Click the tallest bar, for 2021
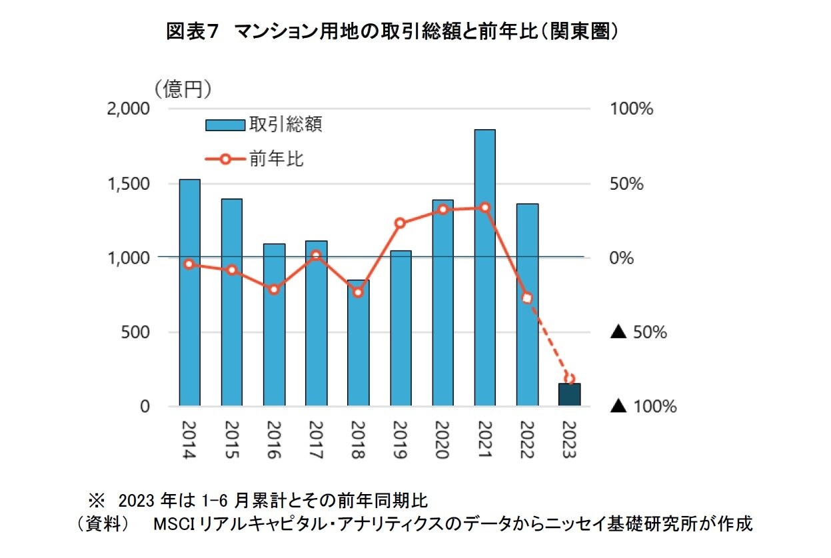[x=484, y=266]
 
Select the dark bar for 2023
[x=569, y=394]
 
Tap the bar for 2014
[x=189, y=293]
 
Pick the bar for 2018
[x=358, y=343]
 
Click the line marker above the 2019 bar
[x=400, y=223]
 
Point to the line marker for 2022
[x=527, y=298]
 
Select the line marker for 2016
[x=274, y=289]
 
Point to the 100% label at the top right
[x=631, y=109]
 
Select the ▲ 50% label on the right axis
[x=638, y=332]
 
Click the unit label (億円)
[x=183, y=89]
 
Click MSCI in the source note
[x=173, y=524]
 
